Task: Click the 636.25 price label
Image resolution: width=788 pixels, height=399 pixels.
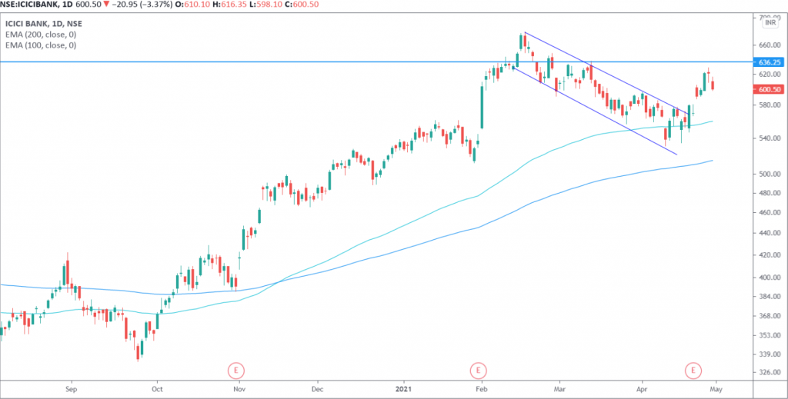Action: pyautogui.click(x=770, y=62)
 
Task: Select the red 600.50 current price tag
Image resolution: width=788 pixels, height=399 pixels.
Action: pyautogui.click(x=770, y=89)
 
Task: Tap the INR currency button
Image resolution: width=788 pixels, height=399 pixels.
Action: pyautogui.click(x=770, y=23)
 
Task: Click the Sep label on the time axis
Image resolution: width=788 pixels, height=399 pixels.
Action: pyautogui.click(x=71, y=390)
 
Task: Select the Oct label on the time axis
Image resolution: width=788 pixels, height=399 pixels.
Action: pyautogui.click(x=156, y=390)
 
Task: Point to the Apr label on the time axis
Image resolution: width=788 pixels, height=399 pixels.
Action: pyautogui.click(x=641, y=390)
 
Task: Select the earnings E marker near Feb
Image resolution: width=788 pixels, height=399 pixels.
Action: pyautogui.click(x=479, y=371)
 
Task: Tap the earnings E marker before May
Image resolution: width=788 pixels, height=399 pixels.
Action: pyautogui.click(x=695, y=371)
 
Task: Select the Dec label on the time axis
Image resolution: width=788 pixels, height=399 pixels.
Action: pyautogui.click(x=316, y=390)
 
